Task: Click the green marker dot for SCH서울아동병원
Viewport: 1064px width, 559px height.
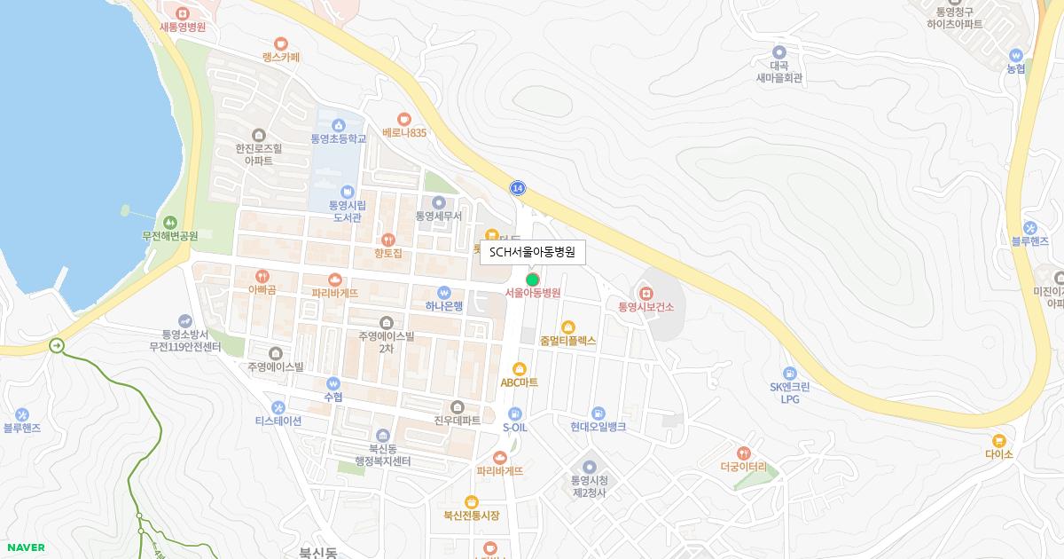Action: point(533,279)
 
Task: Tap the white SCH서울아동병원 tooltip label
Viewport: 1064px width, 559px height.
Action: point(532,252)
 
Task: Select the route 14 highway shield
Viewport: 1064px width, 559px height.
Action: point(518,188)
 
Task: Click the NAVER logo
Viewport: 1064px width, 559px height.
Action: point(24,547)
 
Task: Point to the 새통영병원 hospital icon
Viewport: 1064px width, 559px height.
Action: point(183,12)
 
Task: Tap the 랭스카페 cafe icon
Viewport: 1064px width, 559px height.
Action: point(281,43)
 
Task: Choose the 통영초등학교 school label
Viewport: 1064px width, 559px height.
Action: point(338,139)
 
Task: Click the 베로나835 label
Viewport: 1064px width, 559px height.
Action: point(404,133)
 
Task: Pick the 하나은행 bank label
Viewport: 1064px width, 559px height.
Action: point(444,307)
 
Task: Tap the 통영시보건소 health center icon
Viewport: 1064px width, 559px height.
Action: point(645,292)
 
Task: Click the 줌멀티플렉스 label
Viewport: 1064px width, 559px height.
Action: point(568,341)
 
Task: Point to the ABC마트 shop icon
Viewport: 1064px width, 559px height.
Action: point(520,369)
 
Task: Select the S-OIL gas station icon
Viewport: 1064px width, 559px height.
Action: point(515,413)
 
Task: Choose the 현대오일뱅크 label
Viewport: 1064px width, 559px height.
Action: point(598,427)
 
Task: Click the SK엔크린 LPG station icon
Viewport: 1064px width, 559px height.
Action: point(790,373)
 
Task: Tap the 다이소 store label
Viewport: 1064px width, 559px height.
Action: point(998,453)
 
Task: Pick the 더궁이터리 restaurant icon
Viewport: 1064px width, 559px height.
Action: point(744,453)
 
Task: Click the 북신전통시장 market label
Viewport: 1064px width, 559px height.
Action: point(472,516)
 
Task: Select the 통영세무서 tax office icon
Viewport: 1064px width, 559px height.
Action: point(439,202)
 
